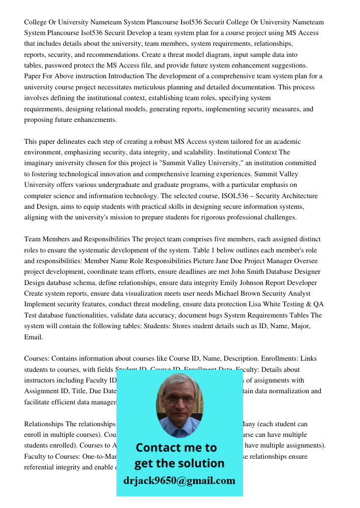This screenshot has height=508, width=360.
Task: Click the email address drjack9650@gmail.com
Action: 179,481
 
